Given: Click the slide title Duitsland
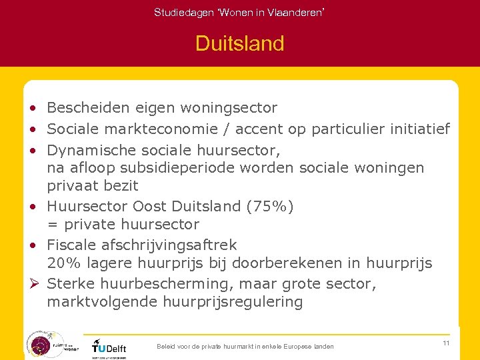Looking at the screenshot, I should coord(239,44).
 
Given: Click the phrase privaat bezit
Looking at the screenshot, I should coord(93,186).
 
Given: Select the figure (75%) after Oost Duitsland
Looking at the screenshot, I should coord(270,206).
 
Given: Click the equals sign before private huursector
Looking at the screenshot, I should coord(52,225).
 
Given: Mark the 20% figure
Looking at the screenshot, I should coord(61,264).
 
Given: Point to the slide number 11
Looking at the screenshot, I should coord(445,343).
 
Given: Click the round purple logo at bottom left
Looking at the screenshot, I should coord(41,344).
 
